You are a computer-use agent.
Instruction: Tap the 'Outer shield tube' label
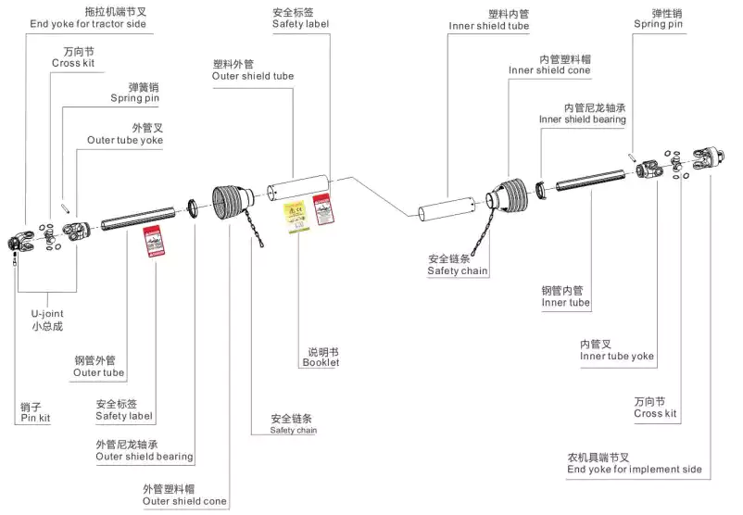[x=253, y=76]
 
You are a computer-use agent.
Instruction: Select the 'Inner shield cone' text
[x=549, y=70]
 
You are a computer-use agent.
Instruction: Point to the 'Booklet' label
[x=321, y=362]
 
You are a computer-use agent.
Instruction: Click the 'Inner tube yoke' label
[x=617, y=356]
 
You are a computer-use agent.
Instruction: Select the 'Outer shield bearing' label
[x=145, y=456]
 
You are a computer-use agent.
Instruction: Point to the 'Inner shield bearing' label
[x=583, y=119]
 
